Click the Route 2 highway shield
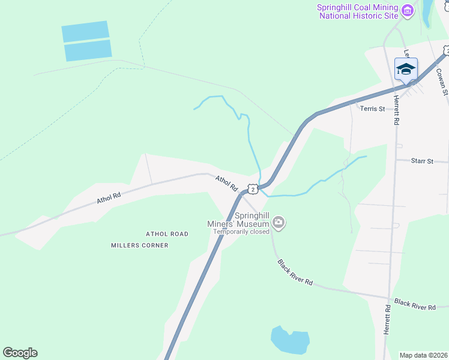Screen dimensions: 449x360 point(254,190)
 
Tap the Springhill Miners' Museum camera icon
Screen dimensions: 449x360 point(279,223)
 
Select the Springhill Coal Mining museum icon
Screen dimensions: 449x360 point(408,11)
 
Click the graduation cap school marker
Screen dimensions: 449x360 point(406,69)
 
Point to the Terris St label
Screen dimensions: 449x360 point(372,109)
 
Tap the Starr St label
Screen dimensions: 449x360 point(422,161)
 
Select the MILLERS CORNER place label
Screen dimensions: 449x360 point(140,245)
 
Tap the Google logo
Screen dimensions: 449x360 point(20,353)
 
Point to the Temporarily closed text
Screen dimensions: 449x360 point(243,232)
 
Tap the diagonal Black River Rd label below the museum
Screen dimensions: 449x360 point(295,272)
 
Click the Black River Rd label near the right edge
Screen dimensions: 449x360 point(415,304)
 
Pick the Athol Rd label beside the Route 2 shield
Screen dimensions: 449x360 point(226,183)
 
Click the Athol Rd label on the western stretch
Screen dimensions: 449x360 point(109,199)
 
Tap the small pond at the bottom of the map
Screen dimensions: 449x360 point(291,340)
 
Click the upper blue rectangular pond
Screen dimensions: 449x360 point(85,31)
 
